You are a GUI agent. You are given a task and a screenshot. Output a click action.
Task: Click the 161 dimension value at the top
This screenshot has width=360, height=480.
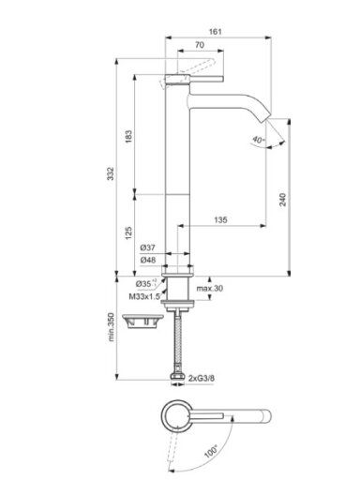pyautogui.click(x=215, y=32)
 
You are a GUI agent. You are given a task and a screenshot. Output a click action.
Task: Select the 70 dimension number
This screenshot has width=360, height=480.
pyautogui.click(x=200, y=45)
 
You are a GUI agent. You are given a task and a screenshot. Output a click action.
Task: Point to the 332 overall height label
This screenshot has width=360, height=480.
pyautogui.click(x=111, y=173)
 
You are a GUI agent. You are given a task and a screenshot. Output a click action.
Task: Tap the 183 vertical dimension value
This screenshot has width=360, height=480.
pyautogui.click(x=128, y=137)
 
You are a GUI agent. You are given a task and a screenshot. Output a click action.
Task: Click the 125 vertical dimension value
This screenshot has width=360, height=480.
pyautogui.click(x=128, y=233)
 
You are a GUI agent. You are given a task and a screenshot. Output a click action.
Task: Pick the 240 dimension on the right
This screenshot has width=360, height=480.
pyautogui.click(x=282, y=200)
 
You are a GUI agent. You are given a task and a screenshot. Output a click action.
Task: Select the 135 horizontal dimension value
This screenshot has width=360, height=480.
pyautogui.click(x=220, y=219)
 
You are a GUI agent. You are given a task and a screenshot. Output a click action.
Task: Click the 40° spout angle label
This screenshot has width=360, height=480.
pyautogui.click(x=258, y=140)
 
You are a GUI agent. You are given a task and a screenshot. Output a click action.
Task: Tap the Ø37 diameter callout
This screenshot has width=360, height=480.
pyautogui.click(x=147, y=247)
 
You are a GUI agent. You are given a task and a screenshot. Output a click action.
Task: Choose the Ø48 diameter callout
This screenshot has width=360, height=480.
pyautogui.click(x=147, y=260)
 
